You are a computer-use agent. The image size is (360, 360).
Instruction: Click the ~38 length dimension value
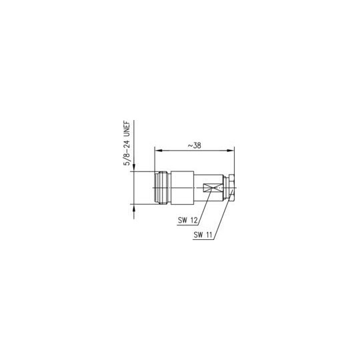click(195, 145)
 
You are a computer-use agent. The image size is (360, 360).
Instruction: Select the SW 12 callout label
click(188, 221)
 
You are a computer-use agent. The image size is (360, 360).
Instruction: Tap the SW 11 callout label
click(203, 235)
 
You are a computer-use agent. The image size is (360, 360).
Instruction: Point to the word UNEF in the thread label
click(127, 129)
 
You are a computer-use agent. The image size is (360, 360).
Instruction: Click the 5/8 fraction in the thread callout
click(127, 159)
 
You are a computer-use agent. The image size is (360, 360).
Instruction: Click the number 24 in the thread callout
click(127, 144)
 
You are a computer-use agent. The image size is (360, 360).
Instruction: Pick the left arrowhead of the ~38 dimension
click(159, 151)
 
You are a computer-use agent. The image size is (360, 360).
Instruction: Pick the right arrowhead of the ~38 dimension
click(231, 151)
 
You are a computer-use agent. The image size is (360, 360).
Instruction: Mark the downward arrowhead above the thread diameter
click(134, 168)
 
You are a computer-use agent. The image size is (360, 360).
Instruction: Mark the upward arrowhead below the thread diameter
click(134, 207)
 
